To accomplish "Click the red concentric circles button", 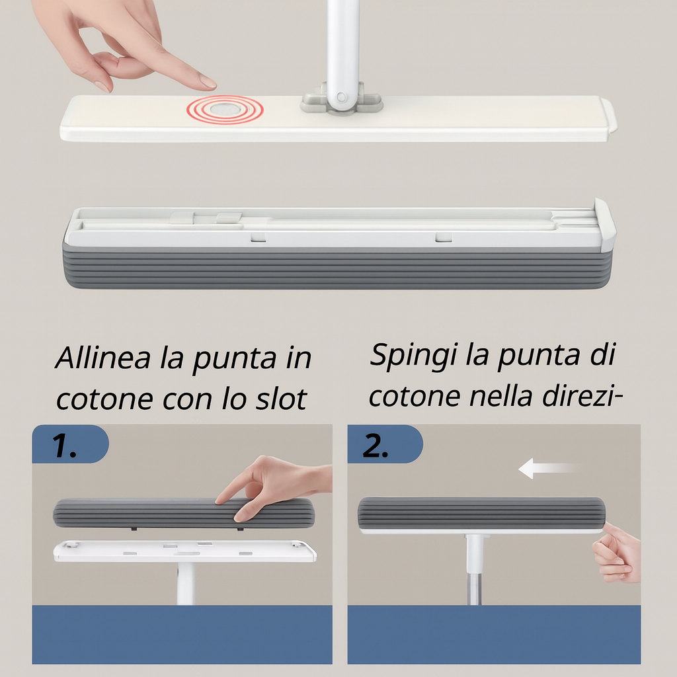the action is pos(225,110).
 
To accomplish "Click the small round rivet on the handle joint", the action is pos(341,97).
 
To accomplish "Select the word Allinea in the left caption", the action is pos(102,358).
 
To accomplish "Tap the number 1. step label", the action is pos(64,445).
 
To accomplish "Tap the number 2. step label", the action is pos(376,445).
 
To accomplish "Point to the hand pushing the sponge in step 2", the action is pos(617,552).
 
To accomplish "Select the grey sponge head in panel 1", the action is pos(184,513).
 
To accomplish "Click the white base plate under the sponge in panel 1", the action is pos(185,551).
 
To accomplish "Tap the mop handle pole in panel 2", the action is pos(474,569).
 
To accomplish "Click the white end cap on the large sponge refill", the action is pos(605,225).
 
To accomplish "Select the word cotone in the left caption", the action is pos(105,399).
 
